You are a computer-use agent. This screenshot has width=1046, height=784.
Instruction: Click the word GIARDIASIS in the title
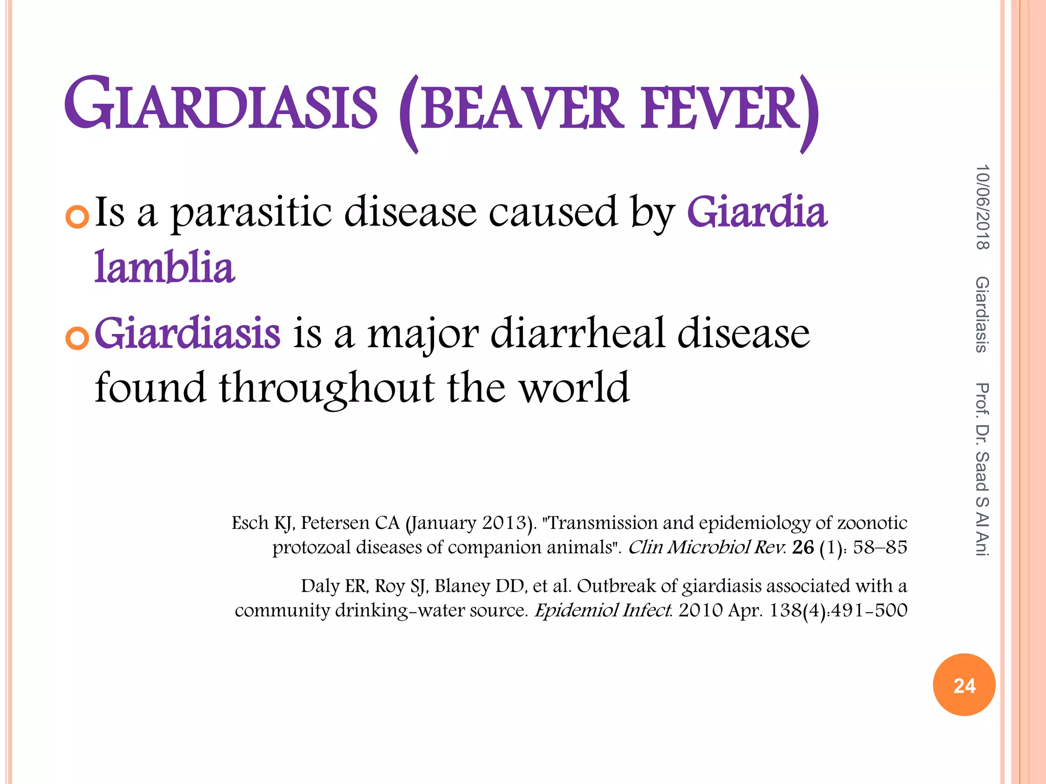point(221,104)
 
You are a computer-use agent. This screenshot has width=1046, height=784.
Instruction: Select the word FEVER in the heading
point(720,108)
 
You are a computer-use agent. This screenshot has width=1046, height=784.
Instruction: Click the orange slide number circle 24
point(964,684)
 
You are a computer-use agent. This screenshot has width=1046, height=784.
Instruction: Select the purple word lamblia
point(164,267)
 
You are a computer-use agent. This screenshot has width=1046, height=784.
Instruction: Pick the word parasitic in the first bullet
point(251,213)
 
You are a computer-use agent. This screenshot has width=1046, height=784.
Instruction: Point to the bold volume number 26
point(803,547)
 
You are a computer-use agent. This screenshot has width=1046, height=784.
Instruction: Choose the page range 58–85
point(879,547)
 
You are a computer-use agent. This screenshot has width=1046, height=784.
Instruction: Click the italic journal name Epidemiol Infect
point(603,610)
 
